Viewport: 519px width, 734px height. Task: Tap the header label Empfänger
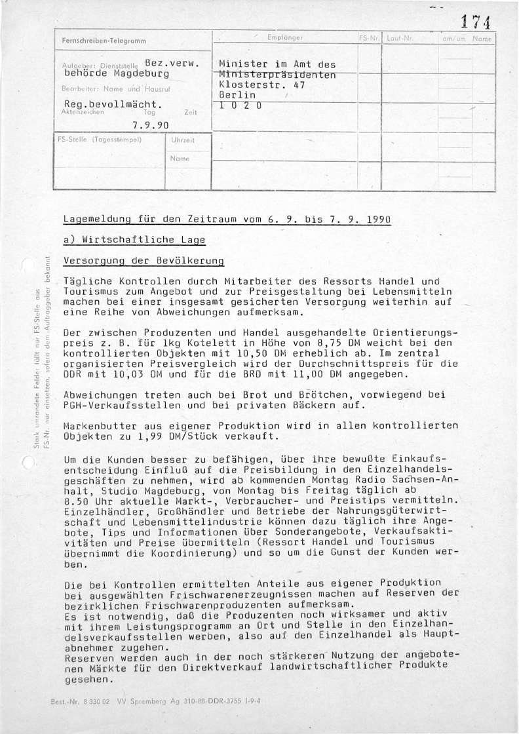pos(286,39)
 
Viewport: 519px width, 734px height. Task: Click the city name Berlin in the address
pos(237,95)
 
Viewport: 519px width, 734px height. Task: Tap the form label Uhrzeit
pos(180,141)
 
